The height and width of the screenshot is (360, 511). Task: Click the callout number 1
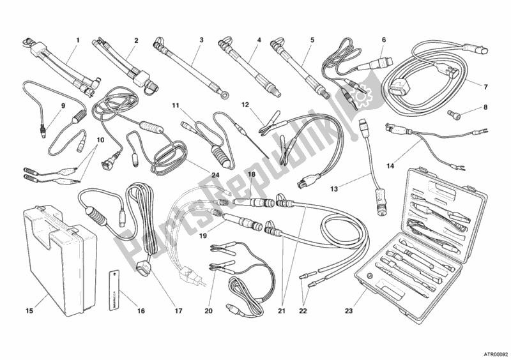pos(78,40)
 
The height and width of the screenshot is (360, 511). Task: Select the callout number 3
pos(201,40)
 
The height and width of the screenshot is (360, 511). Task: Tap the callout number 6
pos(384,40)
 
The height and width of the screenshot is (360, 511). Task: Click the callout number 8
pos(485,108)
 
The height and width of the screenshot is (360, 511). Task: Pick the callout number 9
pos(63,106)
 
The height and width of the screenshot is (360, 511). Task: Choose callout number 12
pos(245,105)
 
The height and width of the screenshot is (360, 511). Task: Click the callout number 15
pos(28,311)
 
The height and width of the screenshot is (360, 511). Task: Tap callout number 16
pos(141,311)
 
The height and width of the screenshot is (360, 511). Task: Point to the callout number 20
pos(208,311)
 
